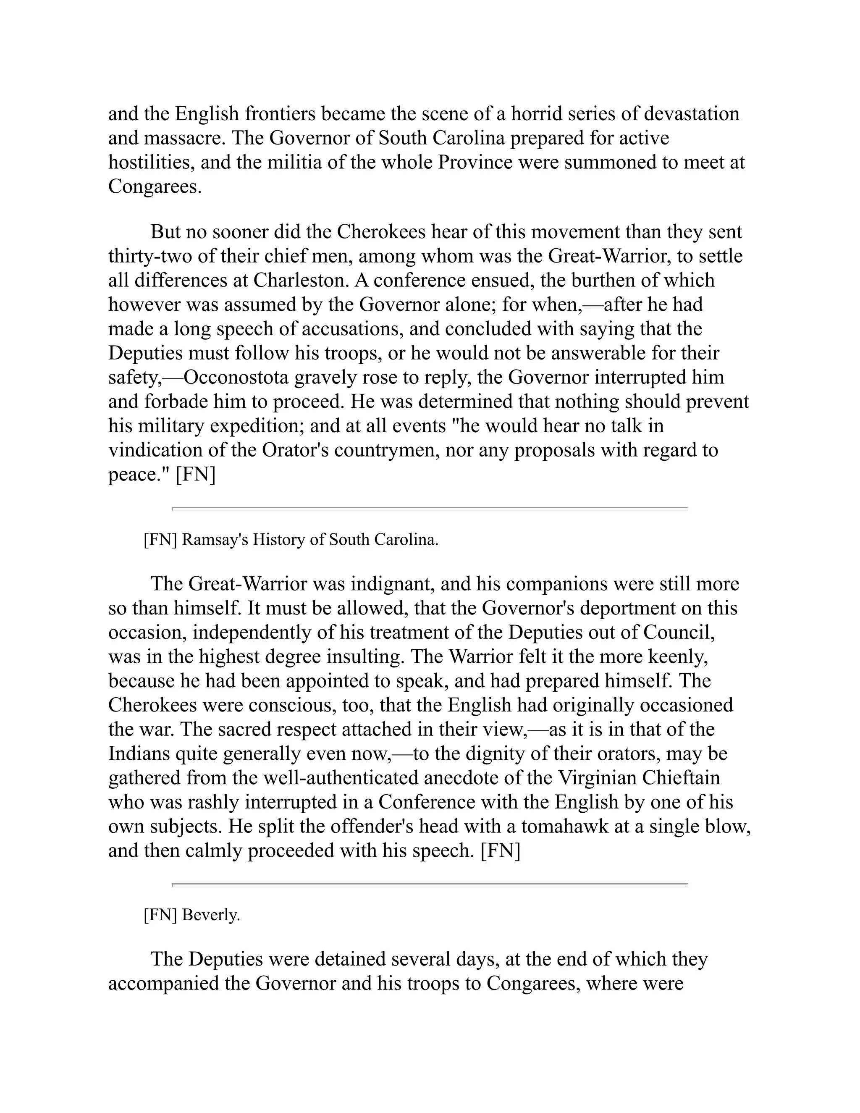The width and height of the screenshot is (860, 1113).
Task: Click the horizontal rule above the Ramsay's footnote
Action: (430, 509)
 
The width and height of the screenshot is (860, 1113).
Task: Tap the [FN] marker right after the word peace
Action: (195, 475)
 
